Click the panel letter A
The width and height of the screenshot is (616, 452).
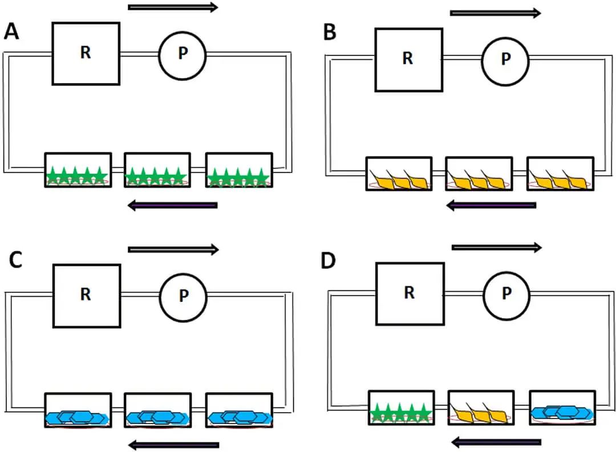(13, 31)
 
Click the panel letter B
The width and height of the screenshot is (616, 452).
(330, 33)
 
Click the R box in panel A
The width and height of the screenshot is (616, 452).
(86, 54)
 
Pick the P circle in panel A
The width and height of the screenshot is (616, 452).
(183, 54)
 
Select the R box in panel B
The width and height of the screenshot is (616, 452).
(408, 60)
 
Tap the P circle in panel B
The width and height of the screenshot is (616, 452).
(505, 59)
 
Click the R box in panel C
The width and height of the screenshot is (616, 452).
(86, 296)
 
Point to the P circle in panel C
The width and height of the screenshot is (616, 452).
(183, 296)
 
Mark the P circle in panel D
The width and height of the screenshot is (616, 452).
(507, 294)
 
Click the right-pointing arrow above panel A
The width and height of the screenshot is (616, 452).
(173, 7)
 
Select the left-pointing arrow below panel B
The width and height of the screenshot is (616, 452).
(491, 205)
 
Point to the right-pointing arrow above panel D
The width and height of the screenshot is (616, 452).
(496, 247)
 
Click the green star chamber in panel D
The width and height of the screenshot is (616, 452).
(400, 409)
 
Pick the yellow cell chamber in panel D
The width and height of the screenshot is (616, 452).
(481, 409)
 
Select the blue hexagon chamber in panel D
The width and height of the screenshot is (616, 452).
(562, 409)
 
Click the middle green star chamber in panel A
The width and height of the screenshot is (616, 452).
(157, 170)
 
